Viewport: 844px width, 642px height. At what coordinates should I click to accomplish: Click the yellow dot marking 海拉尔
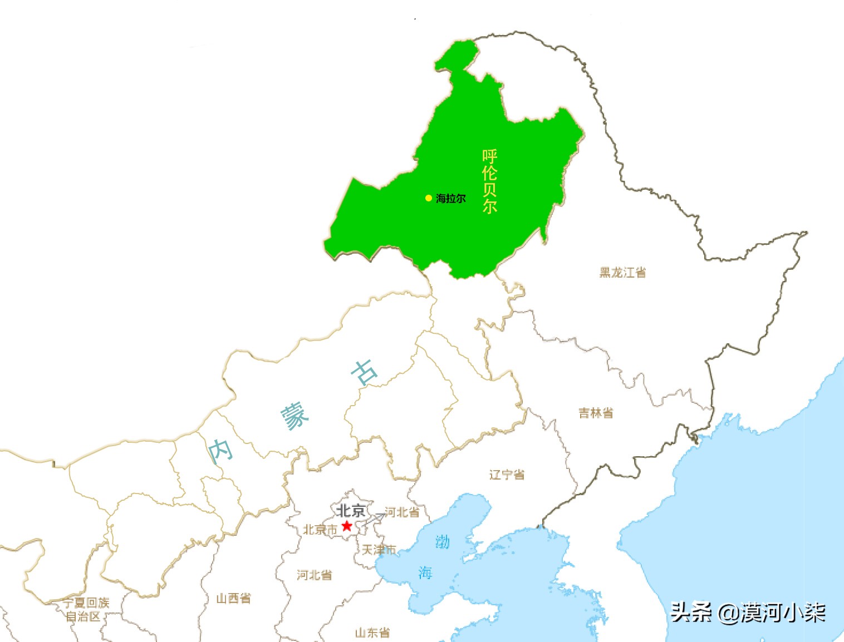429,198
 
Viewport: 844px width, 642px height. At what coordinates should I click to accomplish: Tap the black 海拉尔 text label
451,199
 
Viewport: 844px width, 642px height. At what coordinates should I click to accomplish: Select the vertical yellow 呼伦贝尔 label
489,181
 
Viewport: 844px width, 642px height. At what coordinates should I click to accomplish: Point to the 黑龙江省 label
622,273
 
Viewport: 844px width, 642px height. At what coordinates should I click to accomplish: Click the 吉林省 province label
596,413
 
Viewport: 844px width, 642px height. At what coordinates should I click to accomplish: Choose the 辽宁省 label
507,475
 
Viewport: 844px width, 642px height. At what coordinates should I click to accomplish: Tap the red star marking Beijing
347,526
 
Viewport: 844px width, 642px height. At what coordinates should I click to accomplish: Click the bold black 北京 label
351,511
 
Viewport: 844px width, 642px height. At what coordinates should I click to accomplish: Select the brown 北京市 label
320,530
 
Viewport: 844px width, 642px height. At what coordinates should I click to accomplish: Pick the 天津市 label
379,550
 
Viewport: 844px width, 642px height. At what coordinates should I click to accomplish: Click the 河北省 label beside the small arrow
402,512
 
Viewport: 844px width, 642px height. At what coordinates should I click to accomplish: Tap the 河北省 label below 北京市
315,575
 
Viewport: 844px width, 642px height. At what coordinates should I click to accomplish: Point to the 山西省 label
234,599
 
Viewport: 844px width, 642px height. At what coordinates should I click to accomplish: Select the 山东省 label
372,633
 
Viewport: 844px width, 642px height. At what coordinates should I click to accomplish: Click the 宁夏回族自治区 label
85,609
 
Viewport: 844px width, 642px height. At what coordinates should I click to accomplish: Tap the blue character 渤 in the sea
443,541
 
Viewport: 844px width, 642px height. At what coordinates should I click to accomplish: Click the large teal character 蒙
294,417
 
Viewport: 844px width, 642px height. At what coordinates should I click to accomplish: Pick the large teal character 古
364,373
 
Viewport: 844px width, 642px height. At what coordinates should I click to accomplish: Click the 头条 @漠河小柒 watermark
748,613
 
